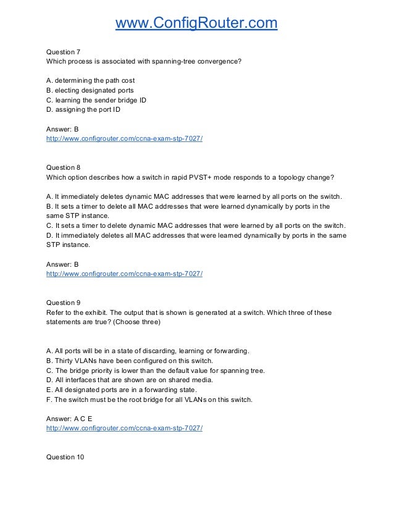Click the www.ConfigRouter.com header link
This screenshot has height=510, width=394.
tap(197, 23)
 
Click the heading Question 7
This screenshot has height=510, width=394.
tap(64, 52)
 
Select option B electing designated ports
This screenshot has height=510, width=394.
tap(90, 90)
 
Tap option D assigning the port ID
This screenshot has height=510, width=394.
tap(83, 110)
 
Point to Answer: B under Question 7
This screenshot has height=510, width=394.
tap(63, 130)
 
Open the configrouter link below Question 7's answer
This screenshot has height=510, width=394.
tap(124, 139)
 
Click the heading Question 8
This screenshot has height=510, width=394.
tap(64, 167)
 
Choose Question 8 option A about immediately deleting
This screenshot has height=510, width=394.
tap(195, 196)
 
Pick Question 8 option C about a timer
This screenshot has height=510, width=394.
tap(196, 225)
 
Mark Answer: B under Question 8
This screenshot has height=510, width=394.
tap(63, 264)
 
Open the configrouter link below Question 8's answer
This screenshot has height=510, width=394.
tap(124, 273)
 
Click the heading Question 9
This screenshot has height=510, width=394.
tap(64, 303)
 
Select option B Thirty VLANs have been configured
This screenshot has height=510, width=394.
tap(129, 361)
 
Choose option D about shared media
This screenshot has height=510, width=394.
tap(130, 380)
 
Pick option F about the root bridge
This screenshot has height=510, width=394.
tap(149, 399)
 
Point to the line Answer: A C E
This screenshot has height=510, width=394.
tap(69, 418)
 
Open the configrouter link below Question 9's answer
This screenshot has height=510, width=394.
tap(124, 427)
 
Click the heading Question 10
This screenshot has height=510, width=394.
tap(65, 457)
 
